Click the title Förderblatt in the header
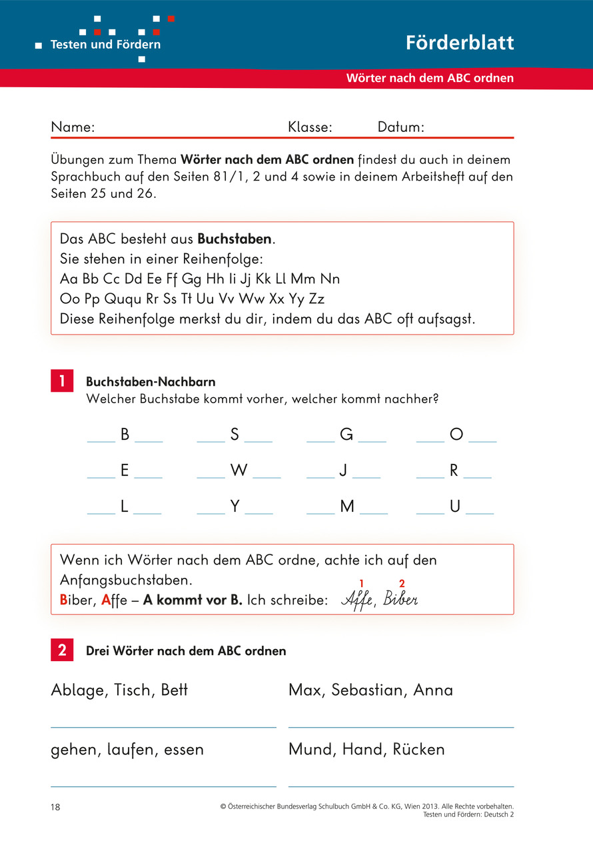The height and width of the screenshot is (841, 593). [460, 43]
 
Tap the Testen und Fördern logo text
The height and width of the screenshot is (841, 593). [105, 45]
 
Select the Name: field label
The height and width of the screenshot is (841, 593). [73, 127]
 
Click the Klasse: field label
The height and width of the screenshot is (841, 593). [310, 127]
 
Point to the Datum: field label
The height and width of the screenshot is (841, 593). [400, 127]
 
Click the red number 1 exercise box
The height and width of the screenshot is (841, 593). [62, 381]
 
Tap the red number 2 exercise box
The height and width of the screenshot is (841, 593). [62, 650]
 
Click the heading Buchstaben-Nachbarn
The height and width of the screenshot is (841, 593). [151, 382]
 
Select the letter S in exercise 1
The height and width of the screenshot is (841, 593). [235, 434]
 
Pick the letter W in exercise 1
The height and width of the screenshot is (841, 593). [239, 470]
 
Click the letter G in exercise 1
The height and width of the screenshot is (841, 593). [346, 434]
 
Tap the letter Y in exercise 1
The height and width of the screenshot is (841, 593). [235, 506]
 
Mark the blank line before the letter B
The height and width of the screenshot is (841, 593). [101, 440]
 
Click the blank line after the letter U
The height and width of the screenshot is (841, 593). [480, 512]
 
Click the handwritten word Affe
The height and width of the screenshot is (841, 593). [356, 599]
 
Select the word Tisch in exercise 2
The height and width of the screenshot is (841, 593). [133, 690]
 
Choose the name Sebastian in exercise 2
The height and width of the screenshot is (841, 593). [368, 690]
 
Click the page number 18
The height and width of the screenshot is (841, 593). [55, 807]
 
